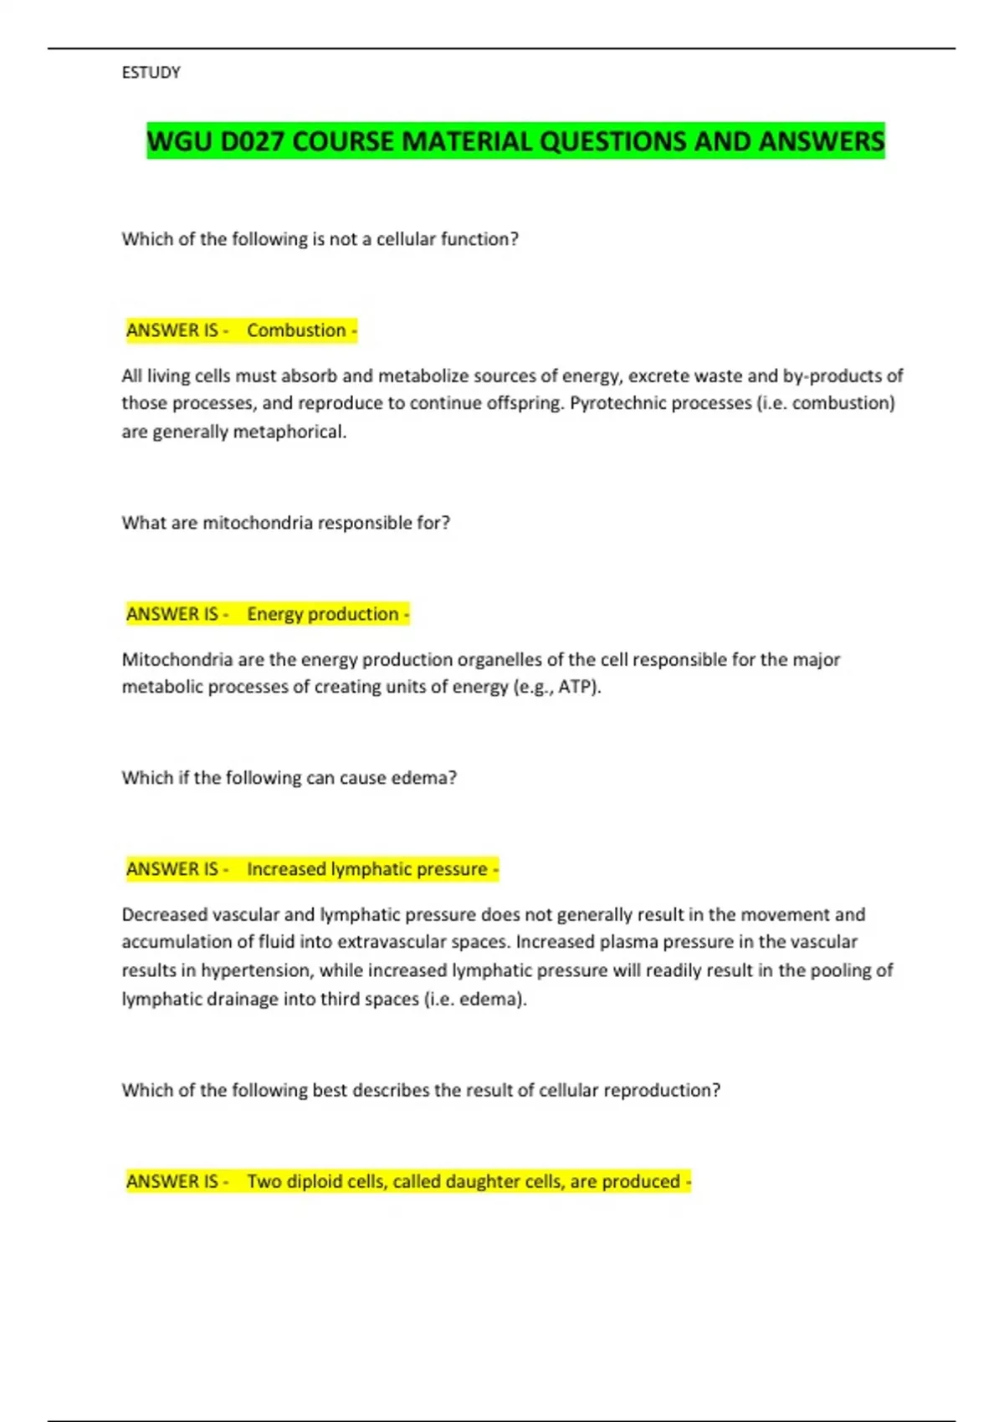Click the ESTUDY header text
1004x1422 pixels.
151,73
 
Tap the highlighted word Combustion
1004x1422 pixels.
296,330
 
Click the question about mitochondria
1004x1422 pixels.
285,523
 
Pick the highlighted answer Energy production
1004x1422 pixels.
322,614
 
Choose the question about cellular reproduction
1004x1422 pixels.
421,1090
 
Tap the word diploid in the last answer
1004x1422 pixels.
314,1181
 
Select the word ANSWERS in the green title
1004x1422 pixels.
821,141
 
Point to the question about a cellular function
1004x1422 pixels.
320,239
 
